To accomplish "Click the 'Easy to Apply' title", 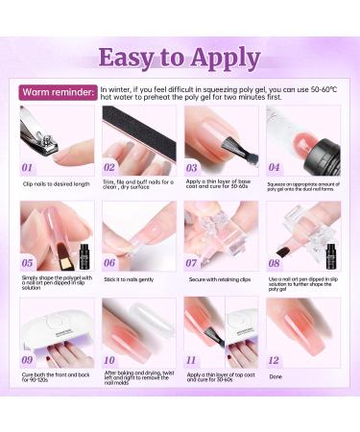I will coord(180,56).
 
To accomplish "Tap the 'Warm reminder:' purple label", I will coord(58,92).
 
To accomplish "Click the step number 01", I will coord(30,166).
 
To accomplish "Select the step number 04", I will coord(276,166).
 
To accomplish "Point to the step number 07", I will coord(193,262).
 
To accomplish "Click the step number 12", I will coord(275,359).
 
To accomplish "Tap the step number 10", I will coord(110,359).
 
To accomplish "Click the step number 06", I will coord(110,262).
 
